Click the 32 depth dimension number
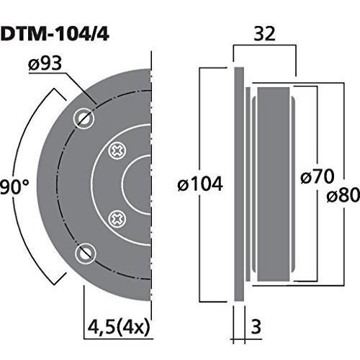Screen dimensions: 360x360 (264, 33)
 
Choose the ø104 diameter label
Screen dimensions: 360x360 (199, 185)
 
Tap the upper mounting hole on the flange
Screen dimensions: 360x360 (86, 117)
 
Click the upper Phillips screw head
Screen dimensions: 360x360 (116, 151)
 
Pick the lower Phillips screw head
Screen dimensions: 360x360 (116, 217)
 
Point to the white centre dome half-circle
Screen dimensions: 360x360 (140, 184)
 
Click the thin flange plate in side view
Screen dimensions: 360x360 (238, 184)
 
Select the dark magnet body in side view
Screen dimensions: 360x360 (272, 184)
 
